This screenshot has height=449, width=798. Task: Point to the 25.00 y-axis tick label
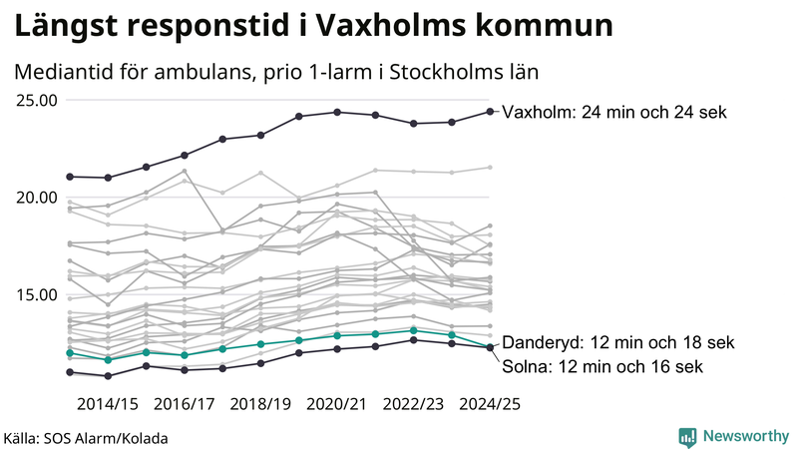(x=36, y=100)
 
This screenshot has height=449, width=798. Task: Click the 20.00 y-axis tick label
(x=36, y=197)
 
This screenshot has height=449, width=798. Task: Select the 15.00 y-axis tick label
(x=36, y=294)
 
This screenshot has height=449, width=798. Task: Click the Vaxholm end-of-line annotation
(x=614, y=113)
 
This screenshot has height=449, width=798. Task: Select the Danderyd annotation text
(x=618, y=342)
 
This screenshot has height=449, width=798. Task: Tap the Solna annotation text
(x=602, y=366)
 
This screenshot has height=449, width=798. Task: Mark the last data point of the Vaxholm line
(x=490, y=112)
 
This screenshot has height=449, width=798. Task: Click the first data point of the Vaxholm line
(x=70, y=177)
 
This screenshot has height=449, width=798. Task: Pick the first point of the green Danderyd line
(x=70, y=353)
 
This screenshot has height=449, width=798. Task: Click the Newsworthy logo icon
(x=687, y=436)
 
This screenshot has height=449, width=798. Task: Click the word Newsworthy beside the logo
(x=743, y=436)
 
